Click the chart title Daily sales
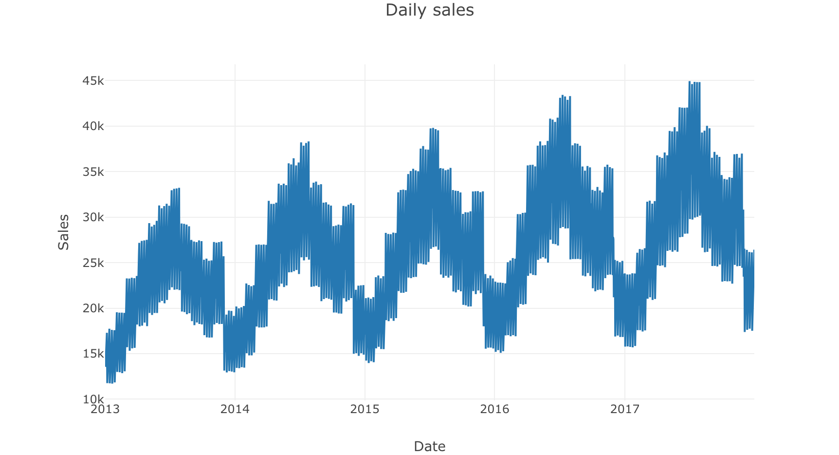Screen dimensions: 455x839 pyautogui.click(x=429, y=10)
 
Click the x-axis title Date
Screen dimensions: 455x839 pyautogui.click(x=429, y=446)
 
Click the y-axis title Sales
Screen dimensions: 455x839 pyautogui.click(x=64, y=232)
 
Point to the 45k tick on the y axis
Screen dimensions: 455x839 pyautogui.click(x=93, y=81)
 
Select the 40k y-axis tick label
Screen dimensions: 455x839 pyautogui.click(x=93, y=126)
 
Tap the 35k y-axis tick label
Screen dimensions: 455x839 pyautogui.click(x=93, y=172)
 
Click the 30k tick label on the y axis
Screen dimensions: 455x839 pyautogui.click(x=93, y=217)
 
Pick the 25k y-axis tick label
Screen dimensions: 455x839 pyautogui.click(x=93, y=263)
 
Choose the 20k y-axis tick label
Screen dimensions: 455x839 pyautogui.click(x=93, y=308)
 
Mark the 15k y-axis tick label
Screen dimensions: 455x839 pyautogui.click(x=93, y=354)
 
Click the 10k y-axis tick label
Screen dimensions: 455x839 pyautogui.click(x=93, y=399)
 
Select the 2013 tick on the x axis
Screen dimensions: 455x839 pyautogui.click(x=105, y=409)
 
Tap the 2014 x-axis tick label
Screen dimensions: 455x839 pyautogui.click(x=235, y=409)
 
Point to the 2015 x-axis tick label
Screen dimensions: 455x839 pyautogui.click(x=365, y=409)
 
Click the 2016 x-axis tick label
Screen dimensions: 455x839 pyautogui.click(x=495, y=409)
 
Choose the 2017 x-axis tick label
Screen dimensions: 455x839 pyautogui.click(x=625, y=409)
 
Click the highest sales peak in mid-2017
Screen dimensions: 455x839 pyautogui.click(x=690, y=82)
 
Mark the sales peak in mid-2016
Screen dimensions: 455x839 pyautogui.click(x=563, y=96)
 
